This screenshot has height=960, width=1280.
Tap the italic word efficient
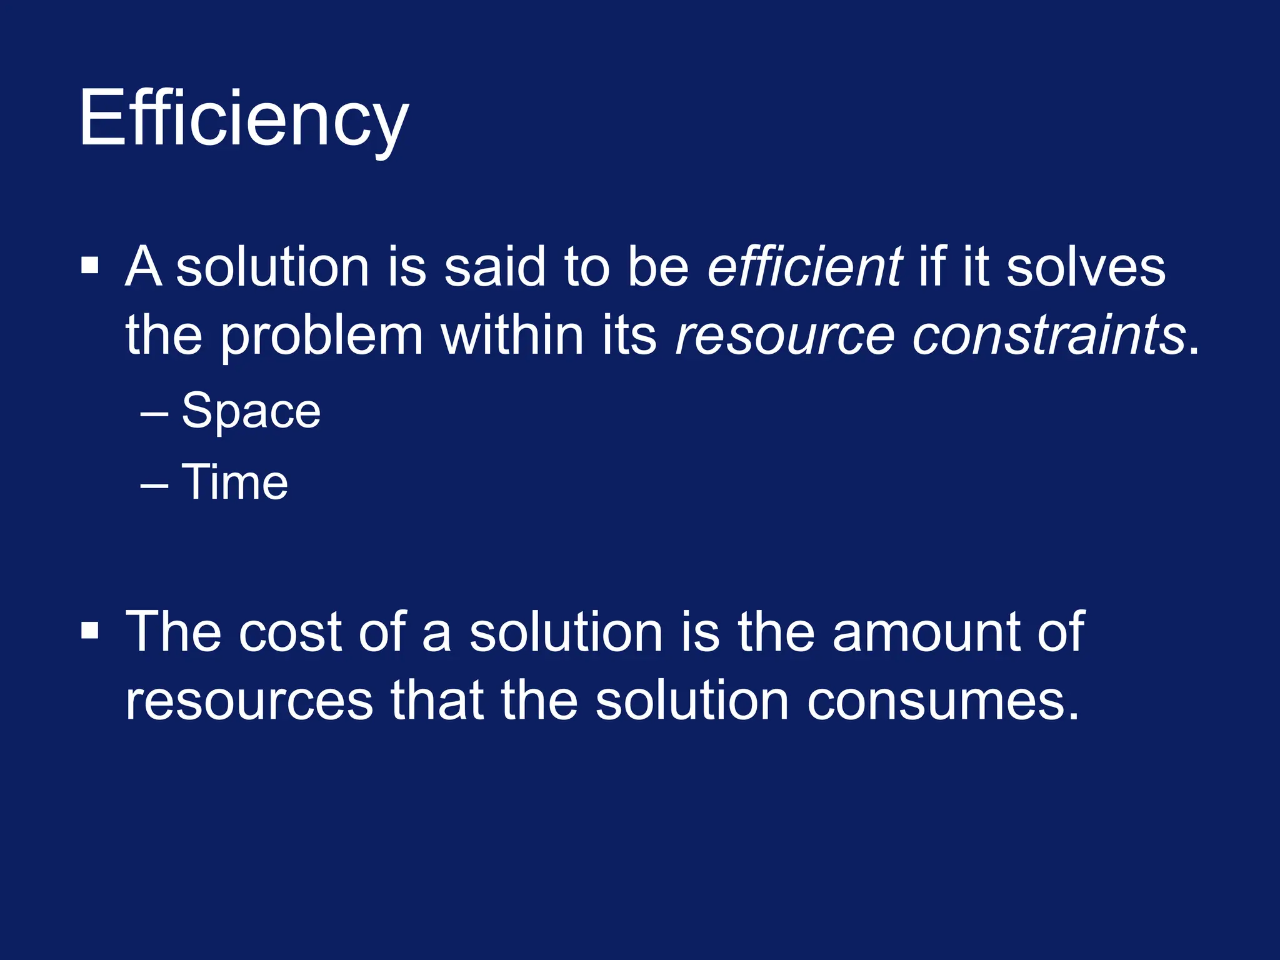(x=804, y=267)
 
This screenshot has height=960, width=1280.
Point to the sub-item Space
(x=251, y=411)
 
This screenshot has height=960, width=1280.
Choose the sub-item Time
(x=234, y=482)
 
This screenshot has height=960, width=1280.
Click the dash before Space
(x=154, y=414)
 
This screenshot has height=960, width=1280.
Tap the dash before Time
(x=154, y=485)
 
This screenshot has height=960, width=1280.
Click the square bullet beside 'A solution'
(x=90, y=266)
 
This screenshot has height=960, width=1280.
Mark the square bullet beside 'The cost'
(x=90, y=631)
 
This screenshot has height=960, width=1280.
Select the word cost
(x=290, y=632)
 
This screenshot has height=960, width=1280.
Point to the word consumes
(x=943, y=701)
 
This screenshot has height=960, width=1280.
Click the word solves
(x=1086, y=267)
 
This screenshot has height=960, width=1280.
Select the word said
(x=495, y=267)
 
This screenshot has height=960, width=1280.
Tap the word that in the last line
(x=437, y=701)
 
